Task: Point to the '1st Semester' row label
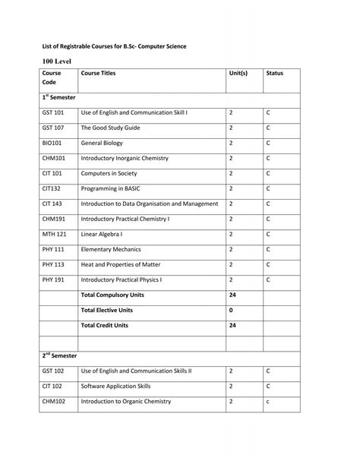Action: pyautogui.click(x=59, y=98)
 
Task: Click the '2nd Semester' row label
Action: pyautogui.click(x=59, y=355)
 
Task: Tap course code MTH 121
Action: pyautogui.click(x=54, y=234)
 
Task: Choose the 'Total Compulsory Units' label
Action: pyautogui.click(x=113, y=295)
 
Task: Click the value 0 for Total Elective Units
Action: pyautogui.click(x=230, y=310)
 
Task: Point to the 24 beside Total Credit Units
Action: pyautogui.click(x=232, y=325)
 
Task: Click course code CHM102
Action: pyautogui.click(x=54, y=401)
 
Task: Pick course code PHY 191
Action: pyautogui.click(x=54, y=279)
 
